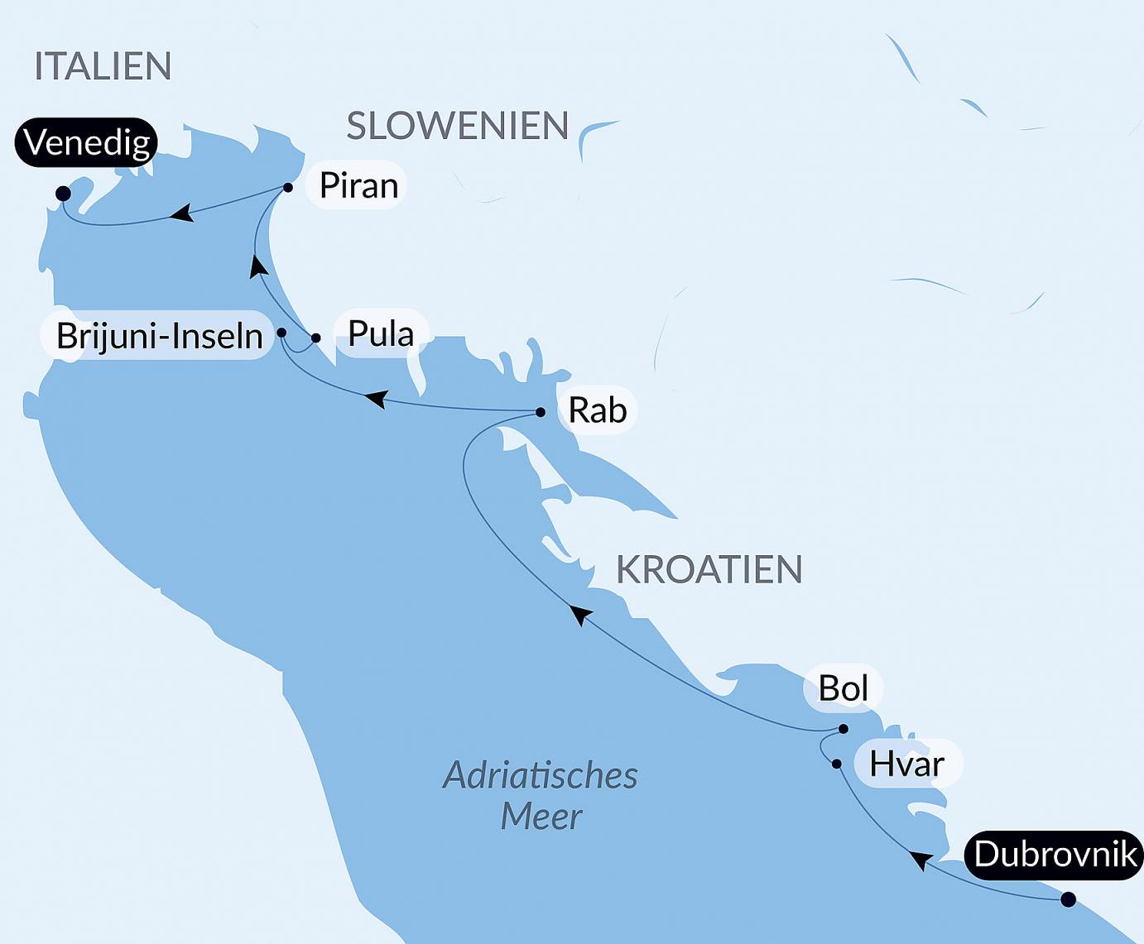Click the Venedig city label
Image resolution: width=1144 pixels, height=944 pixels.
pos(87,142)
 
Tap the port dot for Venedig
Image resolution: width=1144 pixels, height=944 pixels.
pos(63,194)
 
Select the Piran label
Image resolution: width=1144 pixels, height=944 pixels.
pos(358,185)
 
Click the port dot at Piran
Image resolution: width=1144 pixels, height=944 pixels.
pos(288,188)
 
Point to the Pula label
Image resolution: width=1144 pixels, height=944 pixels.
pos(381,333)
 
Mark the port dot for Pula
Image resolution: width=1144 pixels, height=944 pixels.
pos(316,338)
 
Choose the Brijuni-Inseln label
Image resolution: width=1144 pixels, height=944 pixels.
pos(159,336)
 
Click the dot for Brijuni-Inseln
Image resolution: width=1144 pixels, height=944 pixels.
pos(281,333)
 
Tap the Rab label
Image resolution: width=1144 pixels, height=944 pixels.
pos(597,410)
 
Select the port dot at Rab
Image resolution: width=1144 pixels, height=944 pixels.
pos(541,412)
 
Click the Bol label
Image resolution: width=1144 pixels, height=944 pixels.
pos(843,688)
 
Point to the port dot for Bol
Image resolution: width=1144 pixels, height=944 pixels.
pos(844,729)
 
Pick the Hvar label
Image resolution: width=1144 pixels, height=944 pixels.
pos(906,764)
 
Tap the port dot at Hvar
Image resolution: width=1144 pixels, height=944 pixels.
pos(837,764)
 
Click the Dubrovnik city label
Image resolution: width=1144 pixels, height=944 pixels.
pos(1055,854)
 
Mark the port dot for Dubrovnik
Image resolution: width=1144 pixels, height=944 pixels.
pos(1069,899)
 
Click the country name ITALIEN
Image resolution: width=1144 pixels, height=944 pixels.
pos(103,66)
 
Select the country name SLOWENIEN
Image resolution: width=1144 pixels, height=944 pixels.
pos(458,126)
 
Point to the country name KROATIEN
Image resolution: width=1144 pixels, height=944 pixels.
pos(709,569)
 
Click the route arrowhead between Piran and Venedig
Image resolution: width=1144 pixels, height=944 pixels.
pos(180,214)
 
